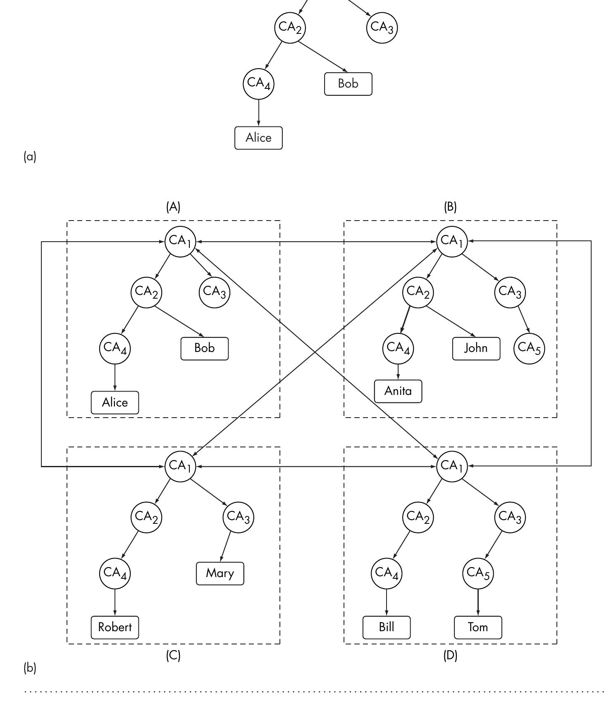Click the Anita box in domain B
pyautogui.click(x=398, y=391)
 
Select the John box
pyautogui.click(x=476, y=348)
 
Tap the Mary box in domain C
pyautogui.click(x=220, y=573)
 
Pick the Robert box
pyautogui.click(x=115, y=627)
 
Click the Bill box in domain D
pyautogui.click(x=386, y=627)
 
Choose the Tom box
pyautogui.click(x=477, y=627)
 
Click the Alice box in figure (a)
pyautogui.click(x=258, y=138)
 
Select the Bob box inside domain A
pyautogui.click(x=204, y=348)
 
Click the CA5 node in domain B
pyautogui.click(x=529, y=348)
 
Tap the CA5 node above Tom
pyautogui.click(x=477, y=573)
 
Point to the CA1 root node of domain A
pyautogui.click(x=180, y=241)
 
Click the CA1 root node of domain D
pyautogui.click(x=452, y=466)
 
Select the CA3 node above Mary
pyautogui.click(x=238, y=517)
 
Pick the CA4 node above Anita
pyautogui.click(x=398, y=348)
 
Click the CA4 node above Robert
pyautogui.click(x=115, y=573)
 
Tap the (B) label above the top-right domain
pyautogui.click(x=450, y=207)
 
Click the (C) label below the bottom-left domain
pyautogui.click(x=173, y=655)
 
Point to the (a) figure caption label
pyautogui.click(x=30, y=157)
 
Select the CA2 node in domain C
pyautogui.click(x=146, y=517)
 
